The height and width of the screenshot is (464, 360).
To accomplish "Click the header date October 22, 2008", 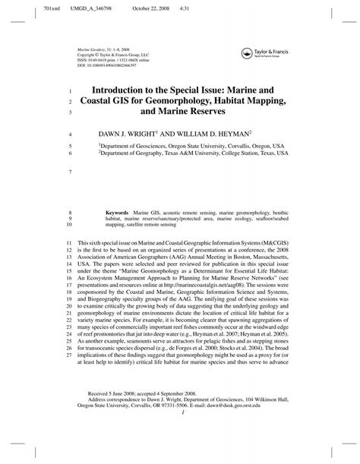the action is click(x=139, y=7).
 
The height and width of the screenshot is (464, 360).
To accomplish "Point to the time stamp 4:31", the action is click(x=183, y=7).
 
